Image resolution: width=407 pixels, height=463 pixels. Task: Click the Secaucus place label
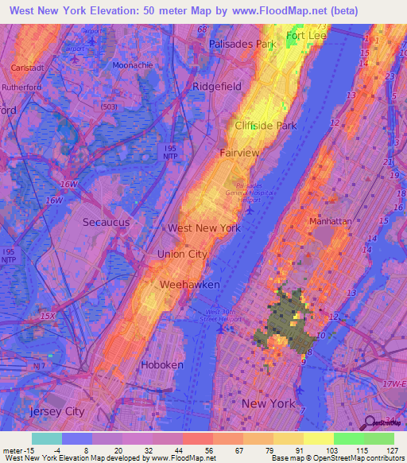tap(108, 223)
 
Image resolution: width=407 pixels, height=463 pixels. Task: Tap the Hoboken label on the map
tap(161, 365)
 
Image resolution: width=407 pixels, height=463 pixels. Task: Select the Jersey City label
tap(56, 411)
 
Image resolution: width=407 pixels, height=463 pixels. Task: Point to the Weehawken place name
tap(189, 284)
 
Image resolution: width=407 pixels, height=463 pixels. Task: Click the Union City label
tap(182, 254)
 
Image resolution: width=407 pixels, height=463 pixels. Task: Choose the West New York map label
tap(203, 228)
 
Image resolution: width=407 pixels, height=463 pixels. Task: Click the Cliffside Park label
tap(265, 126)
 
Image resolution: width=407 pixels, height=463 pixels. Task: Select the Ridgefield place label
tap(217, 85)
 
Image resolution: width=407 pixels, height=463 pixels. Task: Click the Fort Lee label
tap(307, 37)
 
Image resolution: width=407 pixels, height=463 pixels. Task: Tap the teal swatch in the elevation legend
tap(47, 438)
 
